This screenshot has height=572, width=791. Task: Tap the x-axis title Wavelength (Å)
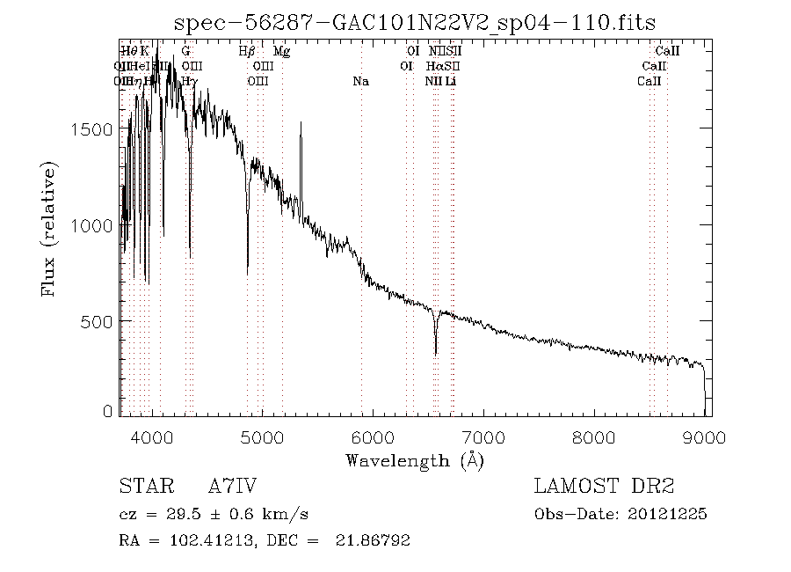tap(415, 459)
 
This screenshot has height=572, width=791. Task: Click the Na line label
tap(360, 82)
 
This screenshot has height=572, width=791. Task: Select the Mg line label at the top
tap(281, 52)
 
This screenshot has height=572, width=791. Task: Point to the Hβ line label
tap(247, 52)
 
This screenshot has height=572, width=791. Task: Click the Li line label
tap(451, 82)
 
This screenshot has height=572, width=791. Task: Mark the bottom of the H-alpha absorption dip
tap(436, 355)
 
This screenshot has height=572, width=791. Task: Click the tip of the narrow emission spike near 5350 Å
tap(301, 123)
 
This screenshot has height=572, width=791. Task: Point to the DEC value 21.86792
tap(373, 540)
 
